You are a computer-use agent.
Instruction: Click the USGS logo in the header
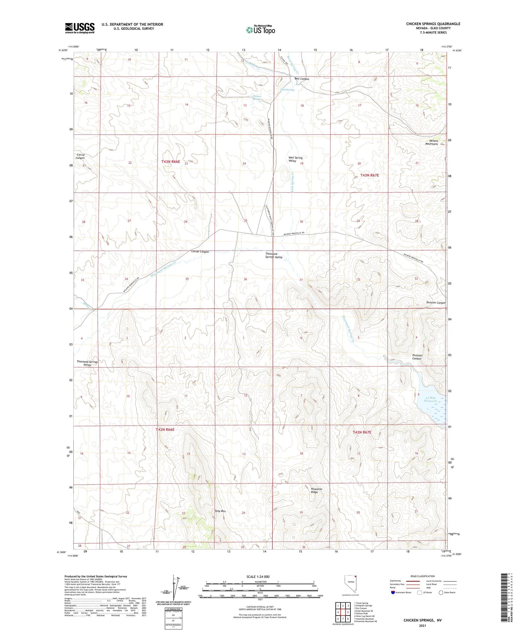click(x=80, y=28)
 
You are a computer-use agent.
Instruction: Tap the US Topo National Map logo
click(x=261, y=30)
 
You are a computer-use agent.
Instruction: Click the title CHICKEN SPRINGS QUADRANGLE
click(x=433, y=24)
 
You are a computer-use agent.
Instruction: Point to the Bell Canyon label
click(x=302, y=79)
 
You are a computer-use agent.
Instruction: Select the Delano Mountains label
click(x=431, y=142)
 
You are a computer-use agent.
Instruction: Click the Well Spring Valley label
click(x=296, y=159)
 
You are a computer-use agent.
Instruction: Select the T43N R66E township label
click(x=171, y=162)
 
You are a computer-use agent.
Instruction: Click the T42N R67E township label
click(x=362, y=432)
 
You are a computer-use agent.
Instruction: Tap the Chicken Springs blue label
click(x=256, y=98)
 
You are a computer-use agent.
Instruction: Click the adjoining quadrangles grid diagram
click(x=343, y=612)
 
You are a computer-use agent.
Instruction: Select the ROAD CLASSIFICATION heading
click(x=423, y=576)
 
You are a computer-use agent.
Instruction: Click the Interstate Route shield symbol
click(x=393, y=592)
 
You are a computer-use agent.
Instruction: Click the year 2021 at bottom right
click(x=423, y=625)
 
